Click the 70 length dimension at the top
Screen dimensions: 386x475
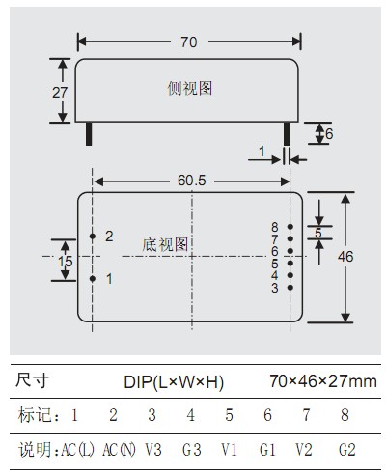coord(189,42)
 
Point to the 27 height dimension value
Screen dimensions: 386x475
coord(60,93)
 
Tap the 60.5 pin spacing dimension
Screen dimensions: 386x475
coord(192,181)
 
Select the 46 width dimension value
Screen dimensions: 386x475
coord(345,257)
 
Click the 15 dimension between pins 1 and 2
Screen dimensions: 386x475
coord(66,262)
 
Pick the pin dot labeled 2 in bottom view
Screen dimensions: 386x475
coord(93,237)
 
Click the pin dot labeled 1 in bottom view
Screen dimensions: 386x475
coord(93,279)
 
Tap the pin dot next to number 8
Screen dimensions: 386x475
coord(290,227)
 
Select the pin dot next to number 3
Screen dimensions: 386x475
coord(290,288)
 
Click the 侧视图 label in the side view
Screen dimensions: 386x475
coord(190,88)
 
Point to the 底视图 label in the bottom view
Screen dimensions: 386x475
coord(165,245)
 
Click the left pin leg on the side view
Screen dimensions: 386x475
coord(89,133)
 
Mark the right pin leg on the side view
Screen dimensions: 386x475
coord(287,133)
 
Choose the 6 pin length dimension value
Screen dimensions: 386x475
coord(329,134)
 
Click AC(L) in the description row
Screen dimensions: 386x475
coord(78,449)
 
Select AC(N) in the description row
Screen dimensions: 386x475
coord(119,449)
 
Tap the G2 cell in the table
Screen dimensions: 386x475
coord(347,449)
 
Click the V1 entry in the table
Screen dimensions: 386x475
coord(229,449)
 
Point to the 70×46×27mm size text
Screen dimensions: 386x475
coord(323,381)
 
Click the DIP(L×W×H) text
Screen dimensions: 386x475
coord(174,382)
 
